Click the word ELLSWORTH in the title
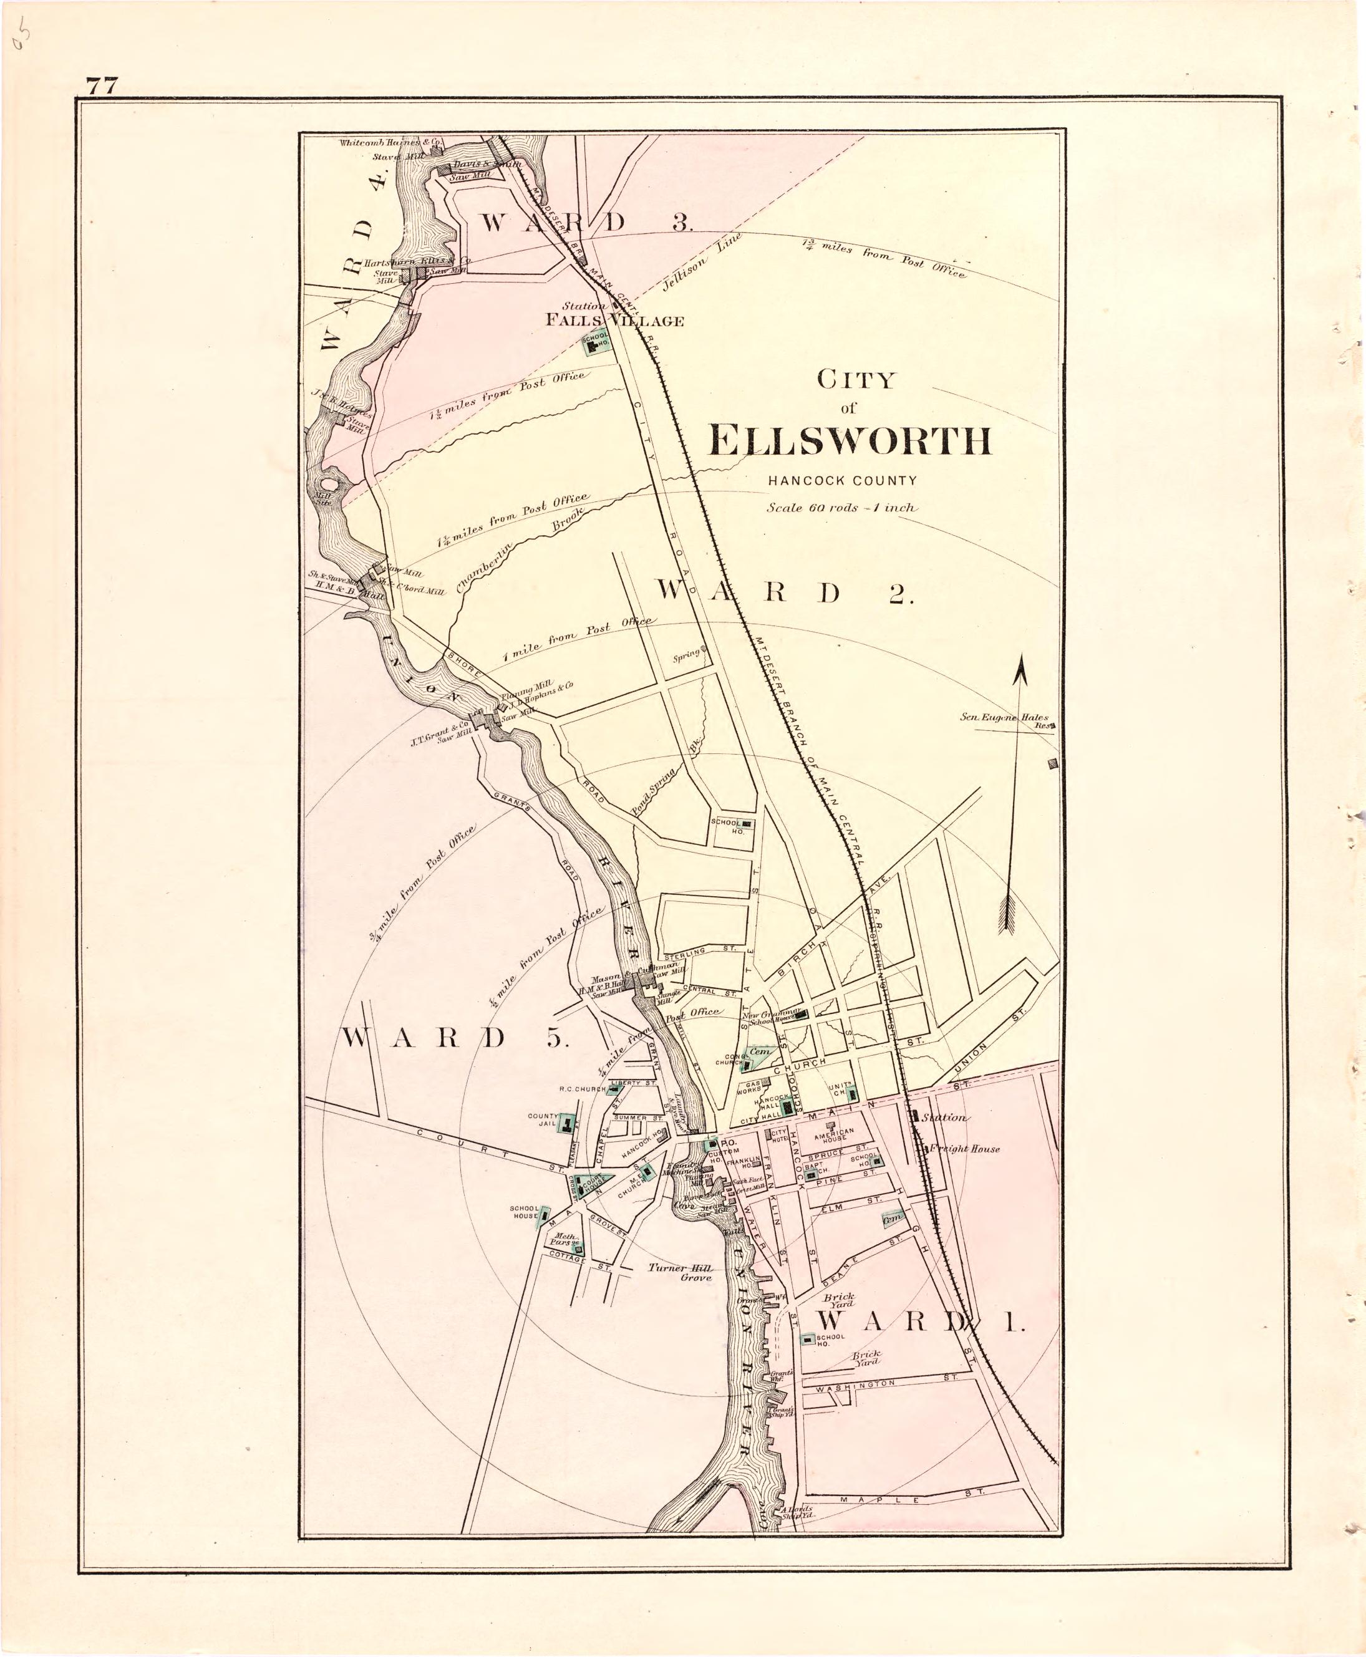pyautogui.click(x=850, y=442)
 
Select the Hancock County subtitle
pyautogui.click(x=842, y=480)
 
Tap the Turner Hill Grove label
pyautogui.click(x=681, y=1273)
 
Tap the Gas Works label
pyautogui.click(x=748, y=1088)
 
